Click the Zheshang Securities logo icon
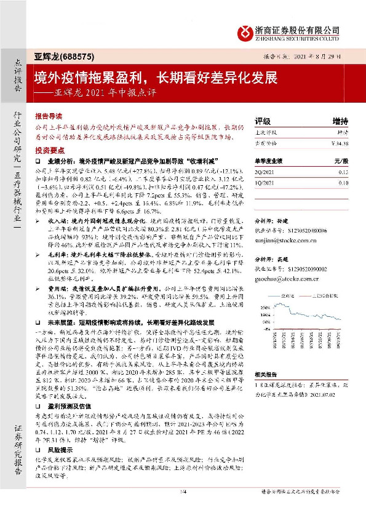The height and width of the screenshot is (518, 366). [244, 31]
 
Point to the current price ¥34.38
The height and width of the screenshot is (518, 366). [339, 143]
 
